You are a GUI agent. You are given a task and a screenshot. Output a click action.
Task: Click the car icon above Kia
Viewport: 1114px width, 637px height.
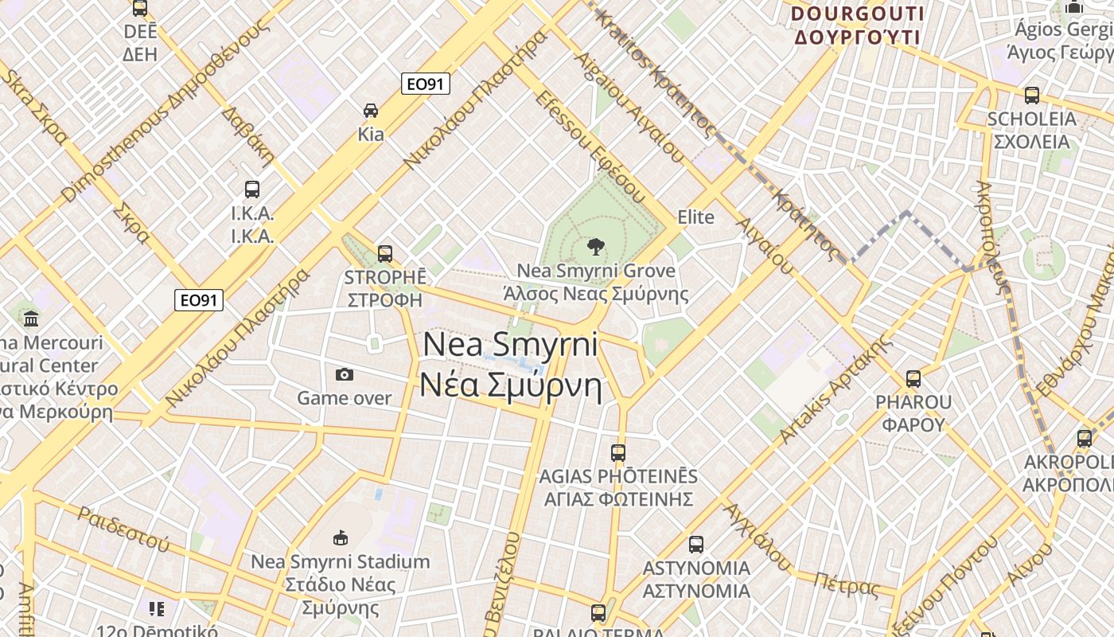pos(370,110)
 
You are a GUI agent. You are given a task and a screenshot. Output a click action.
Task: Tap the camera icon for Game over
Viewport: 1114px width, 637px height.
pos(345,374)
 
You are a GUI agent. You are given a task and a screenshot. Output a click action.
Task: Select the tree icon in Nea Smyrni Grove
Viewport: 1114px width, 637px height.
pos(594,247)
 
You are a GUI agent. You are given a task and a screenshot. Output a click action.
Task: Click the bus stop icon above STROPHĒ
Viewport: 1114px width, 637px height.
pos(385,253)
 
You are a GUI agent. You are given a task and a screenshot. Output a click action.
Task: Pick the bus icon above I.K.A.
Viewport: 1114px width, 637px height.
pos(252,190)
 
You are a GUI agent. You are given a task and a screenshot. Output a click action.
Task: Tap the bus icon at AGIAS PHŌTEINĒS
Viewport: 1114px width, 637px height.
pos(618,453)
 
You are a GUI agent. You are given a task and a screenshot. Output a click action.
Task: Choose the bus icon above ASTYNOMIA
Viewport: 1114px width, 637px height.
pos(696,545)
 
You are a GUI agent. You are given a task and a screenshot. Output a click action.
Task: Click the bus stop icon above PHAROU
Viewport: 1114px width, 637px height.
pos(913,379)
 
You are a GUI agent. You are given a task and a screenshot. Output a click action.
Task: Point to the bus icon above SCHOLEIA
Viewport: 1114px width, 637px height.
pos(1032,96)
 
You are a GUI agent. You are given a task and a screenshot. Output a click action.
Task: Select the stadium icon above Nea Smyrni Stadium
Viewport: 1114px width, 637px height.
pos(341,537)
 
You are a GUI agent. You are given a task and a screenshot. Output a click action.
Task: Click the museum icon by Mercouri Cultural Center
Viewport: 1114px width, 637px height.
pos(31,319)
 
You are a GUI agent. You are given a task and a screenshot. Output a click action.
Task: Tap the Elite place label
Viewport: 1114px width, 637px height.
pos(695,217)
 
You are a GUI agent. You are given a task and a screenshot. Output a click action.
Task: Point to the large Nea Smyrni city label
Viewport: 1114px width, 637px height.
pos(511,365)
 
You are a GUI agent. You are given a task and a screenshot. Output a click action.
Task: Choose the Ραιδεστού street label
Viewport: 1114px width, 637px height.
pos(123,529)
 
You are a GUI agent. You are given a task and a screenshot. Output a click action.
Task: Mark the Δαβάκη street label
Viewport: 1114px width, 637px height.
pos(247,135)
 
